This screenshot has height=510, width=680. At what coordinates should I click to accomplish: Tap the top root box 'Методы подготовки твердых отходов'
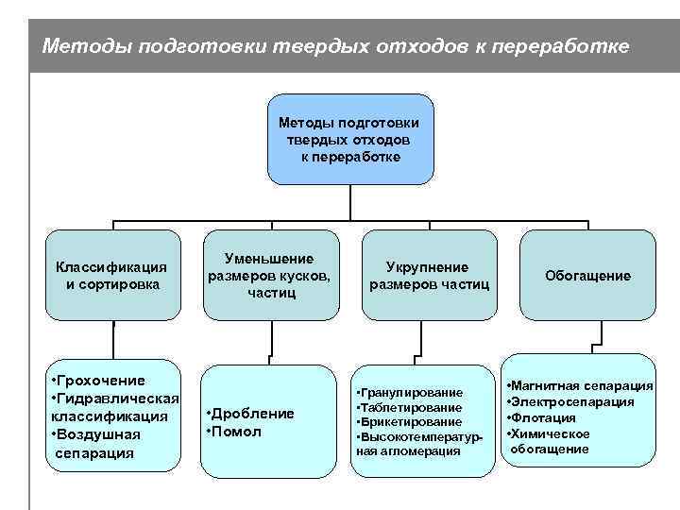(x=350, y=139)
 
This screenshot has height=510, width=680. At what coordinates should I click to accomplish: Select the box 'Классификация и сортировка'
(x=112, y=275)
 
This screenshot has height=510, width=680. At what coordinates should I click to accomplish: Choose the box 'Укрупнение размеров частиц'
(x=429, y=275)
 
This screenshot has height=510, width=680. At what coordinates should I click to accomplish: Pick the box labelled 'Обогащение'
(x=587, y=275)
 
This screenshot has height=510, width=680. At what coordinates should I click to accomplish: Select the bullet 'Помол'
(x=237, y=431)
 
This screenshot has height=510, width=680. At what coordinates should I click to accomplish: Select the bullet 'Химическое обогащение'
(x=552, y=441)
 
